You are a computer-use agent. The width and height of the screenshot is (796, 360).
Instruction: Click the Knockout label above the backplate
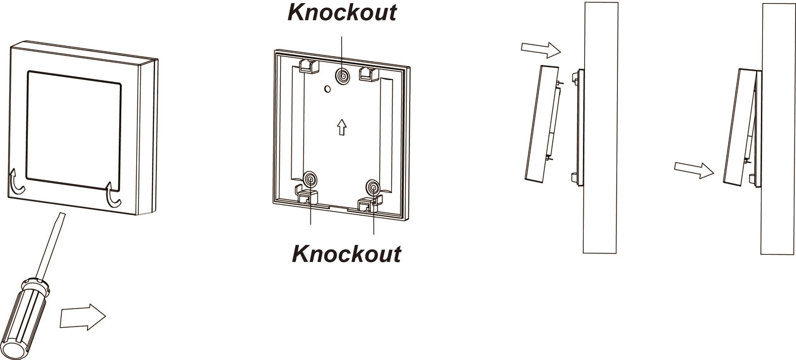click(x=342, y=13)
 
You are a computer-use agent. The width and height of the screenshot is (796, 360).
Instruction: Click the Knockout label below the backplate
click(x=347, y=254)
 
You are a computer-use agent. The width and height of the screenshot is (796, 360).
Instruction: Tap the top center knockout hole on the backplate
click(x=342, y=76)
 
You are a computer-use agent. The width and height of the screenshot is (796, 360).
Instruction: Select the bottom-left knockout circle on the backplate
click(x=310, y=179)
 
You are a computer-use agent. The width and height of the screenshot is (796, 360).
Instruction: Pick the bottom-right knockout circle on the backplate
click(x=373, y=187)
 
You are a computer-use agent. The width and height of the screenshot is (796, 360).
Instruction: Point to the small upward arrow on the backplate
click(x=342, y=127)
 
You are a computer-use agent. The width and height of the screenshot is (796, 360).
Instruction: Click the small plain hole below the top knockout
click(x=327, y=89)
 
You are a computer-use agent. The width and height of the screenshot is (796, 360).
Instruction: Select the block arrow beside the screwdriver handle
click(x=83, y=317)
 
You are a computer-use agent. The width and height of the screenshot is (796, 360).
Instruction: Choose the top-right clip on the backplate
click(x=369, y=74)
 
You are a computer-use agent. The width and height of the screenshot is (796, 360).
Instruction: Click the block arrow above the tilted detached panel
click(x=541, y=50)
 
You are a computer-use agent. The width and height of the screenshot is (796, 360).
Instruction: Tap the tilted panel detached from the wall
click(x=542, y=124)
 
